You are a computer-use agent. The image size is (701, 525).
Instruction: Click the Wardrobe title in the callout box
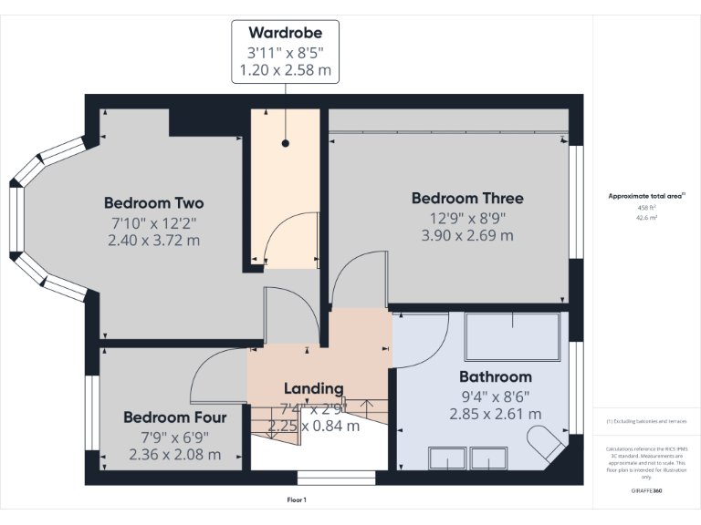click(285, 33)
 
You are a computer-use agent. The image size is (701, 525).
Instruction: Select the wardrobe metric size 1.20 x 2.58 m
click(285, 69)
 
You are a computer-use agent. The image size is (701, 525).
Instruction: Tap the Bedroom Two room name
click(153, 202)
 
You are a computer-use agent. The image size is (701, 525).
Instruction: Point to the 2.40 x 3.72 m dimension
click(153, 241)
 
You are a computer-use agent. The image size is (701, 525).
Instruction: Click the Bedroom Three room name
click(467, 198)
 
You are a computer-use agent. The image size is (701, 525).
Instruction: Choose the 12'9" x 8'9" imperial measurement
click(467, 217)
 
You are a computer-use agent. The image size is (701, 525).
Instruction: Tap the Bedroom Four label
click(174, 417)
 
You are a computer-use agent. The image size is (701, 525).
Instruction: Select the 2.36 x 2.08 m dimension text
click(174, 454)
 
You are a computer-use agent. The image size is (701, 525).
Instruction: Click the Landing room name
click(313, 388)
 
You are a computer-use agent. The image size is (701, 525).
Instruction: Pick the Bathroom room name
click(495, 376)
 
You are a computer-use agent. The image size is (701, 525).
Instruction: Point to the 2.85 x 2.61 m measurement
click(495, 414)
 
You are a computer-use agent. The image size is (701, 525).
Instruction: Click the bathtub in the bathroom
click(512, 337)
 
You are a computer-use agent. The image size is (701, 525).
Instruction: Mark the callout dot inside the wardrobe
click(285, 143)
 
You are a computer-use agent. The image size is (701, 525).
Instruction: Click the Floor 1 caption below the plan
click(297, 499)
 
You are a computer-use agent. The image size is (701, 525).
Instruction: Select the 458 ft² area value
click(646, 208)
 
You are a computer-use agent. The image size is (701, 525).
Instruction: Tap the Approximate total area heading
click(646, 196)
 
